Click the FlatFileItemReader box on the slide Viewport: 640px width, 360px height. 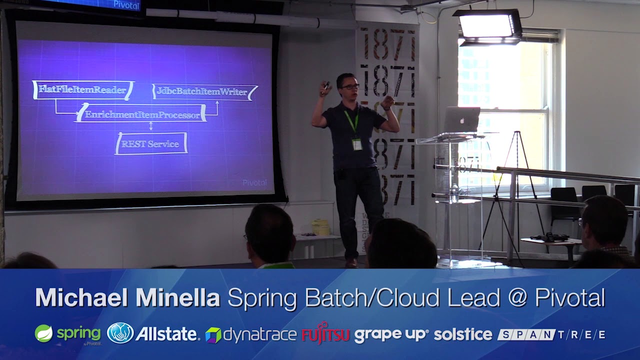click(x=83, y=90)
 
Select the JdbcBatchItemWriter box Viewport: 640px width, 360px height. click(x=204, y=91)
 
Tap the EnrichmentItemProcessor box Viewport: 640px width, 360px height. click(x=141, y=114)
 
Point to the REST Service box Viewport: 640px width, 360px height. click(x=151, y=144)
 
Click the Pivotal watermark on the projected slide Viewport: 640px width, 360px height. click(x=254, y=183)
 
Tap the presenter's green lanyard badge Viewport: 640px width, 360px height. click(x=356, y=144)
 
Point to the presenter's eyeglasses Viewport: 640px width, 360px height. click(x=349, y=87)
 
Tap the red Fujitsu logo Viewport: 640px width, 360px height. click(x=325, y=334)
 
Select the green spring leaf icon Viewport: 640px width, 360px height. click(x=43, y=333)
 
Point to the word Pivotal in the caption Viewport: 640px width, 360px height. click(x=570, y=298)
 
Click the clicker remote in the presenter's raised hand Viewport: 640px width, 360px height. click(x=326, y=86)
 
